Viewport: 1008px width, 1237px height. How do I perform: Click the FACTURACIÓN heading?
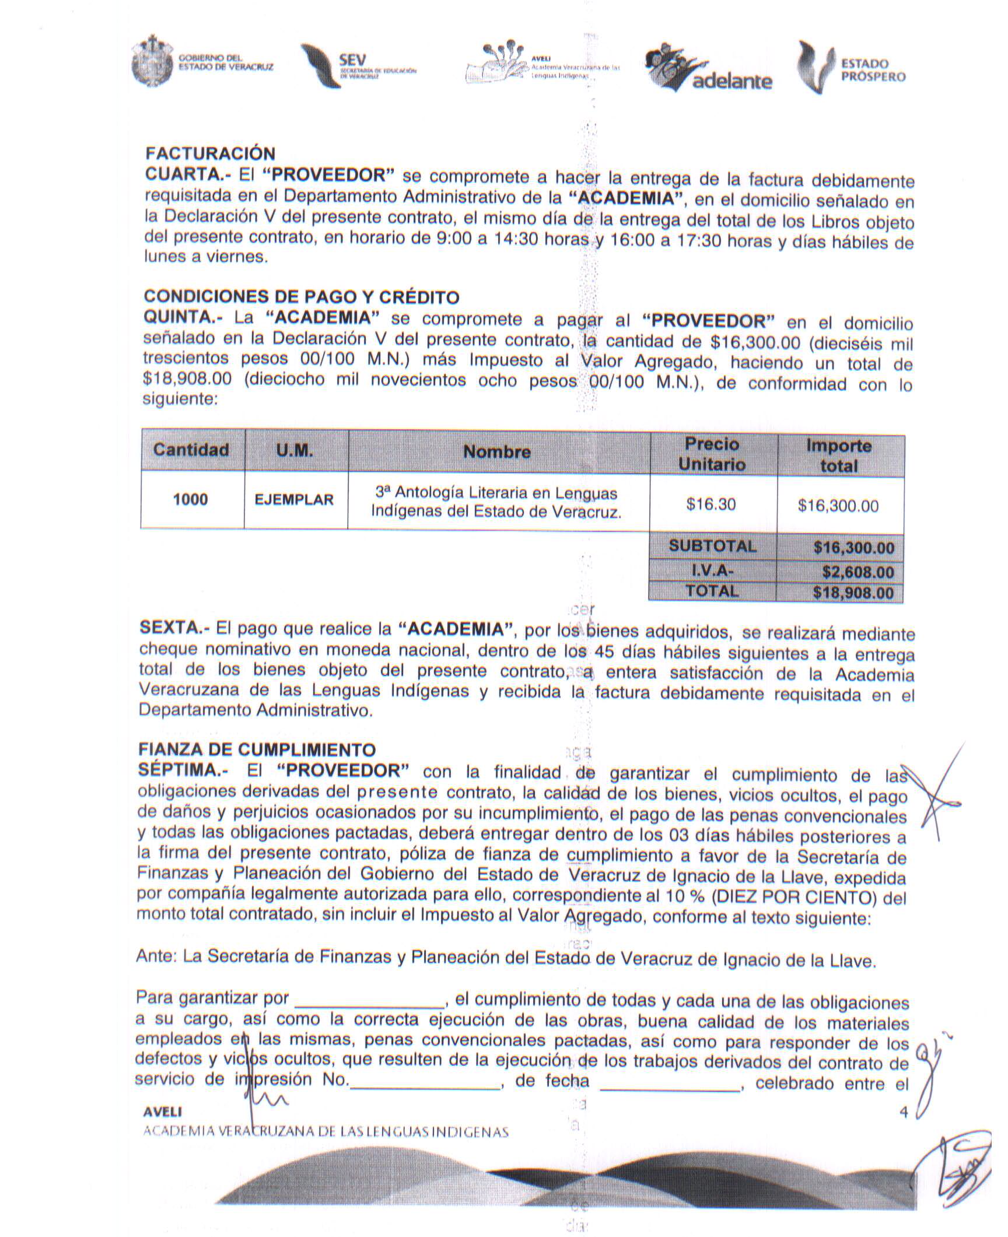pos(210,153)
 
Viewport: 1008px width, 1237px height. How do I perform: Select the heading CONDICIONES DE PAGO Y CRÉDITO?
pos(301,297)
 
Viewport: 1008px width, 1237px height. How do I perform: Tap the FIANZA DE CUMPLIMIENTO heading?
pos(257,749)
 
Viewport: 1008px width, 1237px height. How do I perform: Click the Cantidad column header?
pos(191,450)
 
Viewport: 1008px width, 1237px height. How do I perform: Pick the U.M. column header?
pos(295,450)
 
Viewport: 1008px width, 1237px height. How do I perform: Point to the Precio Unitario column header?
pos(712,454)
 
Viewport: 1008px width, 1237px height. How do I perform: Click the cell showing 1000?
pos(191,500)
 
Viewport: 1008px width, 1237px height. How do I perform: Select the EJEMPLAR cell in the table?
pos(295,500)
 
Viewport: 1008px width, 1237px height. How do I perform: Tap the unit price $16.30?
pos(711,504)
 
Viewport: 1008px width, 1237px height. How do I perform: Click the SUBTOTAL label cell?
pos(712,546)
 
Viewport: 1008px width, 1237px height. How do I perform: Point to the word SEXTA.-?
pos(174,628)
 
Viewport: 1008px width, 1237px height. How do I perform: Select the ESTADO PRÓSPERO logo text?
pos(873,70)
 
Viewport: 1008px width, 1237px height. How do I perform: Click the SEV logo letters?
pos(352,60)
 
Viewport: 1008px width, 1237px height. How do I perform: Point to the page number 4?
pos(904,1112)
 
